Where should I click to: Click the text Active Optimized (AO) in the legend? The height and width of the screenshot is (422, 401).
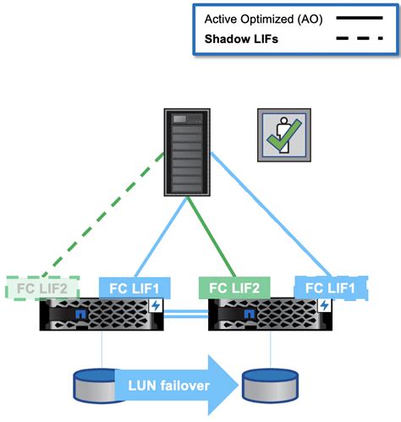[262, 17]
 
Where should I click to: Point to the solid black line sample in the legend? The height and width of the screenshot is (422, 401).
[356, 17]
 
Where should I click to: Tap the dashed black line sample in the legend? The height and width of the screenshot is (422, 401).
[356, 38]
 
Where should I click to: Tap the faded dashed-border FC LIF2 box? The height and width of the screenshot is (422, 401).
[41, 286]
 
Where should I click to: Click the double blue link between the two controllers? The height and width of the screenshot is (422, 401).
[185, 315]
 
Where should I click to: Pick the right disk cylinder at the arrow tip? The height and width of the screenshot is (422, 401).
[268, 386]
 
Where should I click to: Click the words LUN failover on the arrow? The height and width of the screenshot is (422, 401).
[157, 386]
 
